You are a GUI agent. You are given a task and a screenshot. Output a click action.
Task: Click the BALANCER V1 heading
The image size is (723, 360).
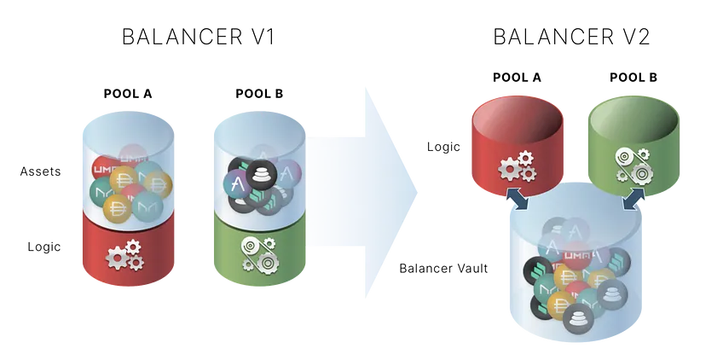pyautogui.click(x=199, y=37)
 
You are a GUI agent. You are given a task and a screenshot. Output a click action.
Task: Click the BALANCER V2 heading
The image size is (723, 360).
pyautogui.click(x=572, y=37)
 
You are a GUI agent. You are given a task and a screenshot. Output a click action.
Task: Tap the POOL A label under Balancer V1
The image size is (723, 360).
pyautogui.click(x=128, y=94)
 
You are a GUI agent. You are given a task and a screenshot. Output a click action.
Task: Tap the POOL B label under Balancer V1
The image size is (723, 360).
pyautogui.click(x=259, y=94)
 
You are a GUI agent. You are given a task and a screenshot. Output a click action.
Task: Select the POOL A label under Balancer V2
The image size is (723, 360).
pyautogui.click(x=517, y=77)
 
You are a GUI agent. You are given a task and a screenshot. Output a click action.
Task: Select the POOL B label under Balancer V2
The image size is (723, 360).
pyautogui.click(x=633, y=77)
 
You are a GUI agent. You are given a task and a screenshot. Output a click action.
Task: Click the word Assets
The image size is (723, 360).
pyautogui.click(x=40, y=171)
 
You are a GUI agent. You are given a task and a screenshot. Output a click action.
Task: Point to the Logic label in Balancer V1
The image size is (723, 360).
pyautogui.click(x=44, y=247)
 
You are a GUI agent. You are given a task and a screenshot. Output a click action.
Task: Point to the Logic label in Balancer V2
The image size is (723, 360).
pyautogui.click(x=443, y=147)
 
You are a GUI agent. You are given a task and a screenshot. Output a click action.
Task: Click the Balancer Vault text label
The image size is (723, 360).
pyautogui.click(x=443, y=268)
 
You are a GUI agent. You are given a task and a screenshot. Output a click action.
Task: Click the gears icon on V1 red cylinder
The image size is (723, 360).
pyautogui.click(x=125, y=255)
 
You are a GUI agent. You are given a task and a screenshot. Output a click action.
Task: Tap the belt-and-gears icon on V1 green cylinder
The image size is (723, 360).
pyautogui.click(x=258, y=254)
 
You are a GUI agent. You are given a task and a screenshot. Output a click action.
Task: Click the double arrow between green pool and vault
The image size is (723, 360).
pyautogui.click(x=634, y=198)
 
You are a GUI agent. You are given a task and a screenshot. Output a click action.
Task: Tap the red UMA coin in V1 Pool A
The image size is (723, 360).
pyautogui.click(x=105, y=171)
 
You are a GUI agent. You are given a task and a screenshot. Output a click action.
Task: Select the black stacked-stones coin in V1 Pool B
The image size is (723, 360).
pyautogui.click(x=261, y=175)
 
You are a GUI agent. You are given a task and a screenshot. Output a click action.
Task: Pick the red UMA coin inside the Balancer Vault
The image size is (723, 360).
pyautogui.click(x=575, y=255)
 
